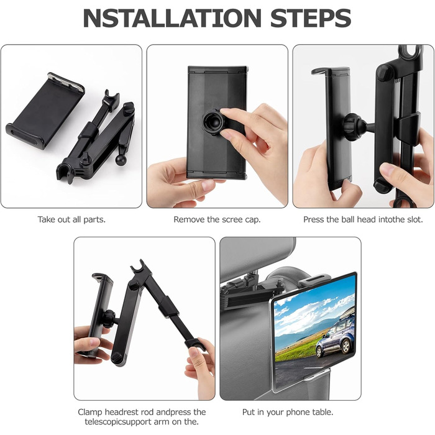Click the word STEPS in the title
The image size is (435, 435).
(311, 18)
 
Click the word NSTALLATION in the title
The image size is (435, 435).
(172, 18)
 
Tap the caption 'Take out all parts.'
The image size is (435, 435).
(71, 219)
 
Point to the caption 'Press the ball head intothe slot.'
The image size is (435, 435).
(363, 219)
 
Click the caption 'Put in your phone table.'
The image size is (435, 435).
(288, 412)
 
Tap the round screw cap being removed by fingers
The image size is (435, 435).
(213, 122)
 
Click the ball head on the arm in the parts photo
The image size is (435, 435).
(121, 160)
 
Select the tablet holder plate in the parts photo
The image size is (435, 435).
(45, 111)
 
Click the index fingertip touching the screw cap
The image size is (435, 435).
(225, 111)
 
